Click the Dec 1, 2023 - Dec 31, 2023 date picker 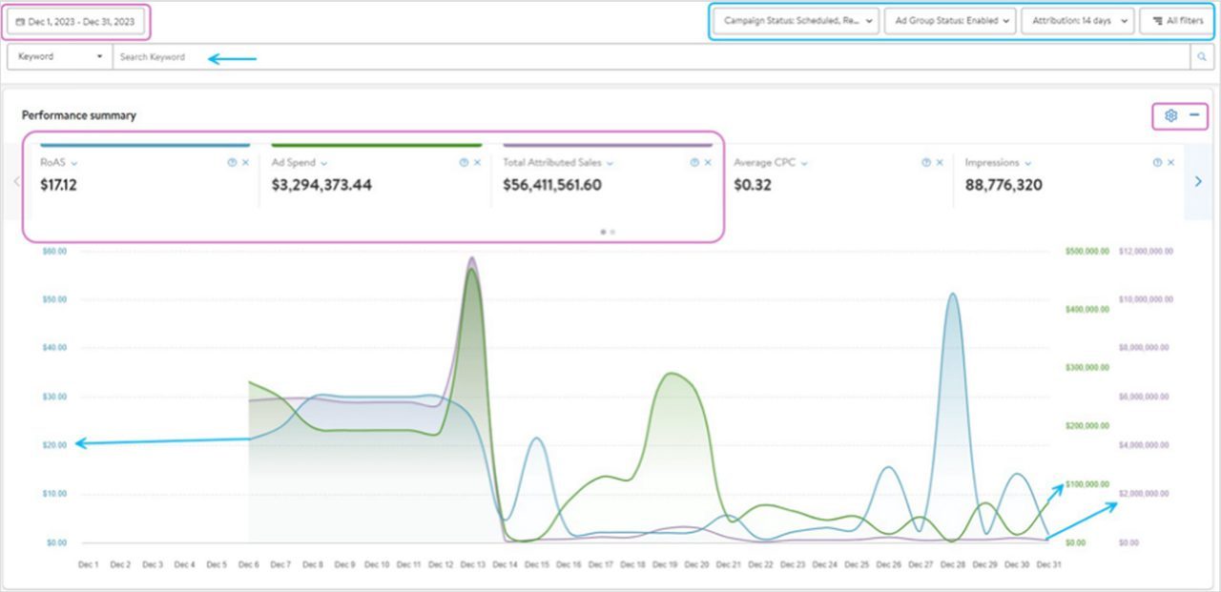[x=76, y=21]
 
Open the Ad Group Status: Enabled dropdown [x=950, y=21]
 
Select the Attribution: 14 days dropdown [x=1077, y=21]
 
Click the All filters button [x=1177, y=21]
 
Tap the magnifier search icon [x=1202, y=57]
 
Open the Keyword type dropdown [x=59, y=57]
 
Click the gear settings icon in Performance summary [x=1170, y=115]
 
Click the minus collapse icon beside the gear [x=1193, y=115]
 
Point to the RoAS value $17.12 [x=58, y=185]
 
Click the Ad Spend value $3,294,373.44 [x=321, y=185]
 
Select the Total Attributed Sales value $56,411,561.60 [x=552, y=185]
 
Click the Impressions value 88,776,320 [x=1004, y=185]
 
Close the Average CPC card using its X [x=940, y=163]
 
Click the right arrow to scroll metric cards [x=1199, y=181]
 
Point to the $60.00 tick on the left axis [x=55, y=252]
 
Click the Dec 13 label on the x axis [x=472, y=564]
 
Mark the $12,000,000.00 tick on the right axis [x=1146, y=252]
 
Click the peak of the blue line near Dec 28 [x=952, y=294]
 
